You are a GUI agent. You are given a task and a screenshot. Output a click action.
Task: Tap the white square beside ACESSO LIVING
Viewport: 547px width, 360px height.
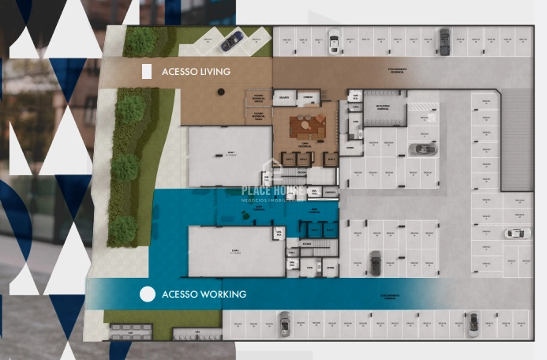[147, 72]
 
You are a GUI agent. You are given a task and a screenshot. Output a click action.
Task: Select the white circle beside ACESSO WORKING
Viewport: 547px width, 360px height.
[147, 294]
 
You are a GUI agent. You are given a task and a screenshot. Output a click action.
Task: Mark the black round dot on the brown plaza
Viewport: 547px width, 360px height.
[222, 92]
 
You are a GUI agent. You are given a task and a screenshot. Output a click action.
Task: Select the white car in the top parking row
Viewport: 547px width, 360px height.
[334, 38]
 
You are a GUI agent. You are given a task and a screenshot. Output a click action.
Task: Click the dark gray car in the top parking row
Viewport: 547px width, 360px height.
[445, 38]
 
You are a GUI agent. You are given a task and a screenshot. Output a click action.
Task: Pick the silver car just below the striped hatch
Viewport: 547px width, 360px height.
[422, 148]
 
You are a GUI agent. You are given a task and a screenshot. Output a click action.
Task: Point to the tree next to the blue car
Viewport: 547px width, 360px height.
[140, 41]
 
